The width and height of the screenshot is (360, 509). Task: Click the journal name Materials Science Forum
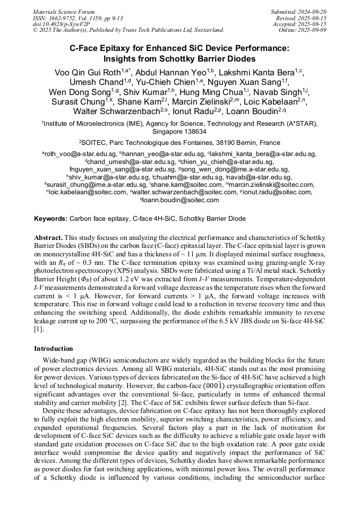64,12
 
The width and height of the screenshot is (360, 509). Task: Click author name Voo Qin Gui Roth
87,72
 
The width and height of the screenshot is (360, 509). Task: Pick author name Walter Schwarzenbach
113,111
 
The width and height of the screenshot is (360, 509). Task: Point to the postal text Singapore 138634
179,131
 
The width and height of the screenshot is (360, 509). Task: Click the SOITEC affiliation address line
179,143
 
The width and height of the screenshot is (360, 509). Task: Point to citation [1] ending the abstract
39,330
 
